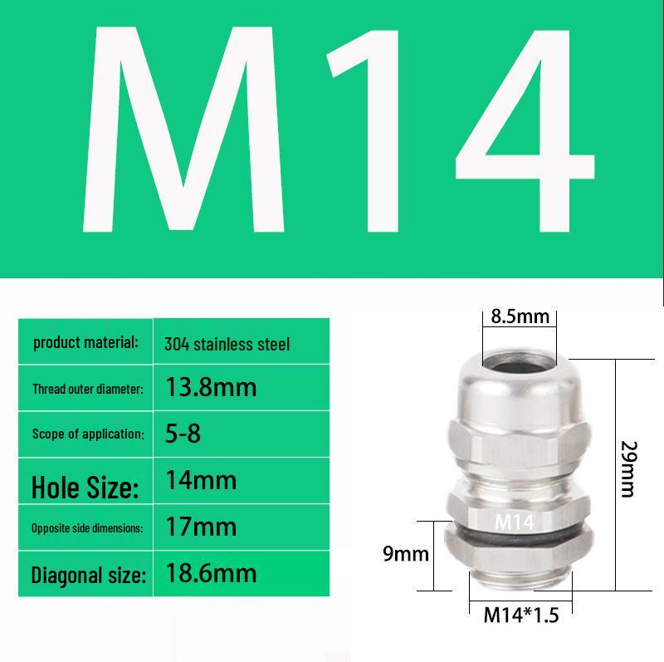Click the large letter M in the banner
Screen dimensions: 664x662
click(x=183, y=130)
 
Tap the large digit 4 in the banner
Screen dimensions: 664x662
click(x=525, y=131)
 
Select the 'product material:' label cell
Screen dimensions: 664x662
click(x=85, y=341)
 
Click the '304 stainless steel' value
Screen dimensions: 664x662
click(x=227, y=344)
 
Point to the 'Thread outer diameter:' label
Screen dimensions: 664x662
click(x=88, y=389)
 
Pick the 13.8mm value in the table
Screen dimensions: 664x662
click(x=211, y=387)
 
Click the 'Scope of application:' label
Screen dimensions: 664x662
click(x=88, y=434)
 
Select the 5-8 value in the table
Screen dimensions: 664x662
click(x=183, y=434)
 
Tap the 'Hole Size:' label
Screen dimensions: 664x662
click(x=85, y=487)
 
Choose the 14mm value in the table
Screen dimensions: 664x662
click(x=201, y=480)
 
